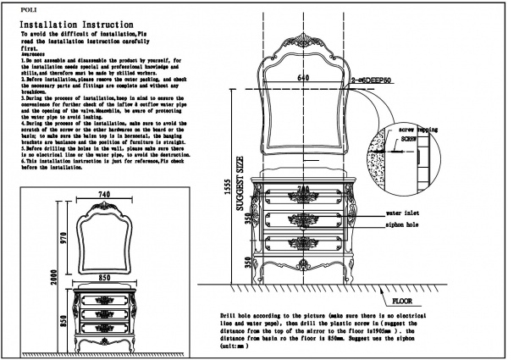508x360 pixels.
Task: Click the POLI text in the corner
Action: point(29,10)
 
